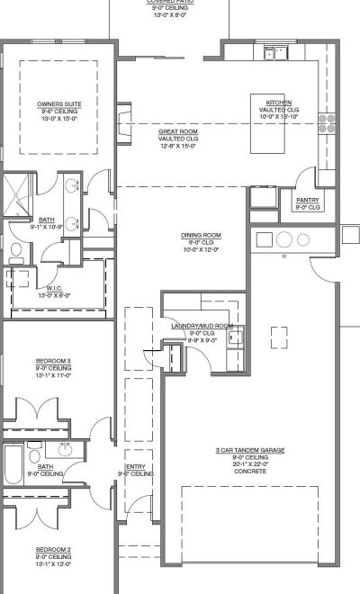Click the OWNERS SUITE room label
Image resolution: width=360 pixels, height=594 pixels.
[57, 103]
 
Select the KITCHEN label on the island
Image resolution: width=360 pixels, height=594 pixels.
[278, 103]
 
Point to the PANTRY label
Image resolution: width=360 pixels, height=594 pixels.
[308, 201]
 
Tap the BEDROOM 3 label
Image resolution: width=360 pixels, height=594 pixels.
[53, 360]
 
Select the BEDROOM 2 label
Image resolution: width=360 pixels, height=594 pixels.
[53, 549]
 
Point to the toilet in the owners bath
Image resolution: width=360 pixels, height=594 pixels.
[15, 253]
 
